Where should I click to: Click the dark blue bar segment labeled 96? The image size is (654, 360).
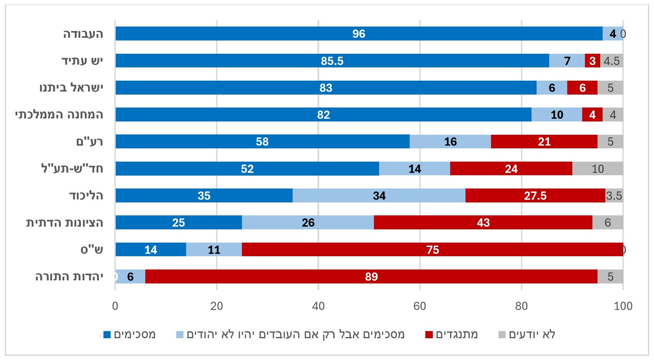[359, 34]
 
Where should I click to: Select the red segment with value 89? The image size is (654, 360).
[371, 277]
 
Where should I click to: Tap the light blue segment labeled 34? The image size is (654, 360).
[379, 196]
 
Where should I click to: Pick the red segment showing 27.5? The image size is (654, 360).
[535, 196]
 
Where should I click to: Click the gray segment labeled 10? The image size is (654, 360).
[598, 169]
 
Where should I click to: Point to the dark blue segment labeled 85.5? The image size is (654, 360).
[332, 61]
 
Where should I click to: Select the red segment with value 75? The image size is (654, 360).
[432, 250]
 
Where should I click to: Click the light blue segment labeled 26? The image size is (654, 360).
[308, 223]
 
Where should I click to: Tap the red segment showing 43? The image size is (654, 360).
[483, 223]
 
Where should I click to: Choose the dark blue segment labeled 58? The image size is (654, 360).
[262, 142]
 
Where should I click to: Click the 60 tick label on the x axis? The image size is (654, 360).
[420, 306]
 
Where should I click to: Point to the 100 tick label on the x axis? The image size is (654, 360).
[623, 306]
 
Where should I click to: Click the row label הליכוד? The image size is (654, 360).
[86, 196]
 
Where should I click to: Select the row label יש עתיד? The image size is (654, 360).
[82, 61]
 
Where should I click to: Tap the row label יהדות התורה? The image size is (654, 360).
[69, 277]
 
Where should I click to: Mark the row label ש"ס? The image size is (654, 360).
[92, 250]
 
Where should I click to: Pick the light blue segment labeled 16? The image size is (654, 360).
[450, 142]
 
